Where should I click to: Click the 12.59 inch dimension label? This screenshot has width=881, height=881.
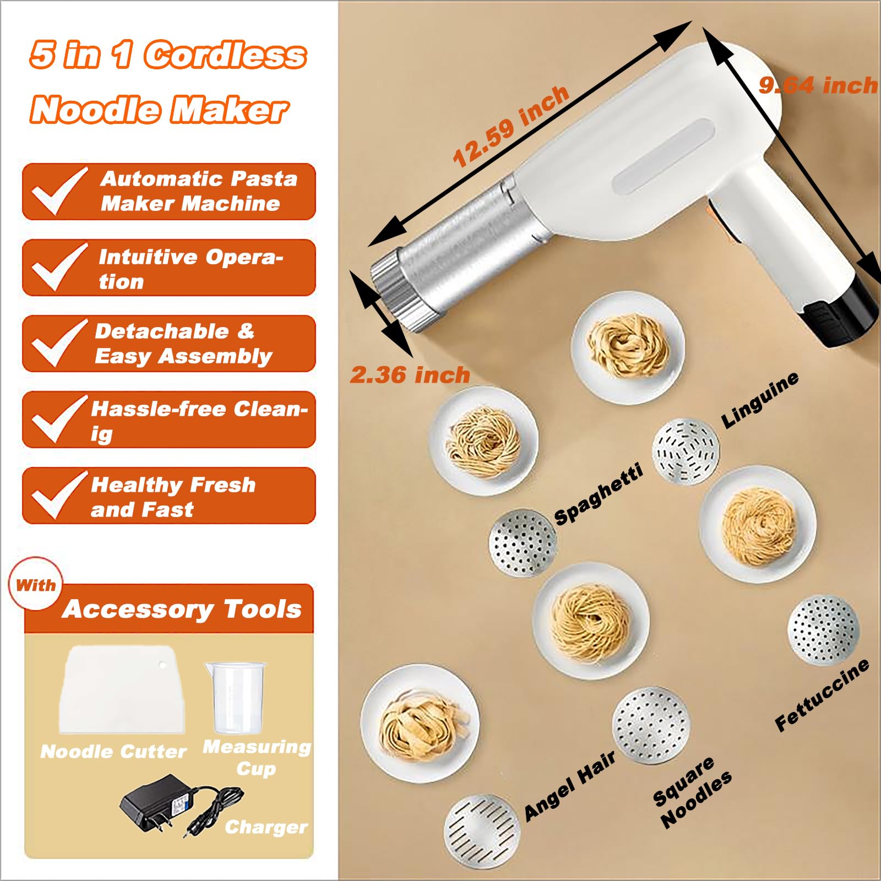(511, 127)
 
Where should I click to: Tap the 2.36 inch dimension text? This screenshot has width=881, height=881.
(410, 375)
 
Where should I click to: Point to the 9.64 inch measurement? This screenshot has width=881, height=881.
(818, 85)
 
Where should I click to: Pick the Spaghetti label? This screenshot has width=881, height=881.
(599, 494)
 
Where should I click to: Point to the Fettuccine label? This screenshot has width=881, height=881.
(822, 695)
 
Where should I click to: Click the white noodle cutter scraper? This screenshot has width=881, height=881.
(121, 691)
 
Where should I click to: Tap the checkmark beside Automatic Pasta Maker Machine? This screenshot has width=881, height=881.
(58, 191)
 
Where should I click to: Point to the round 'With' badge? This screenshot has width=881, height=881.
(36, 585)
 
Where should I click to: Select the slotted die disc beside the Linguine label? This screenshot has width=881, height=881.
(686, 452)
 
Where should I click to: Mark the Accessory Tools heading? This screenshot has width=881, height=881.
(182, 609)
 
